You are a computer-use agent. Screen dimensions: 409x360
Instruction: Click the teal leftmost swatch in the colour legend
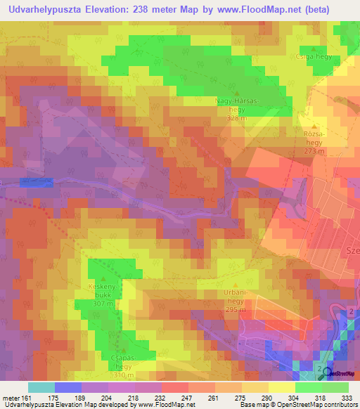tap(41, 387)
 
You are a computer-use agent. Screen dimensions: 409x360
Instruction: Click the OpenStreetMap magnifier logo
tap(324, 373)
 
